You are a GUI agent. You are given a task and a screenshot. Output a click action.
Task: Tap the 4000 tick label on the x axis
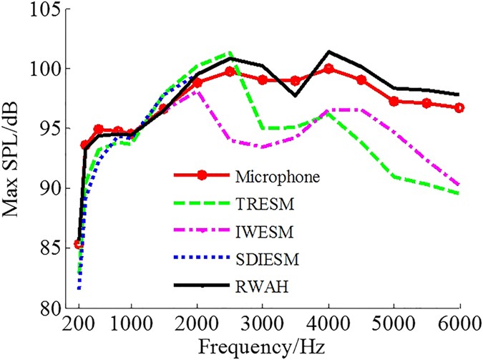tap(328, 323)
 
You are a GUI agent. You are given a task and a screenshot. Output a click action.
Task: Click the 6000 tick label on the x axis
tap(459, 323)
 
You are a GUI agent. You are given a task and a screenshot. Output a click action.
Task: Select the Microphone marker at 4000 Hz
tap(328, 69)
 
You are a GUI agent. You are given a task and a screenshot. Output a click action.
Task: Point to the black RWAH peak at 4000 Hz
tap(328, 52)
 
